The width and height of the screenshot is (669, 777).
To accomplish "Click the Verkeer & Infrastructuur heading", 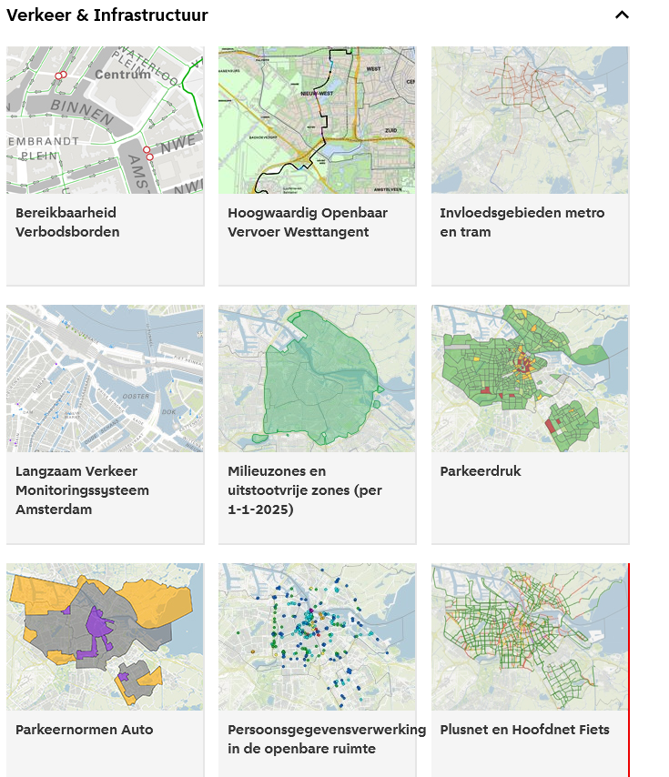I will pyautogui.click(x=107, y=15).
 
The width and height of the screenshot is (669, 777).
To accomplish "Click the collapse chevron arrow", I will pyautogui.click(x=623, y=15).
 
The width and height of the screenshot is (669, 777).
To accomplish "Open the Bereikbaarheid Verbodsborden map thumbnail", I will pyautogui.click(x=105, y=120).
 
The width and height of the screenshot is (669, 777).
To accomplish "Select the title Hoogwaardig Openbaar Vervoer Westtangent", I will pyautogui.click(x=308, y=222).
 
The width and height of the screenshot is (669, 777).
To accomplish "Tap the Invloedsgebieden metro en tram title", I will pyautogui.click(x=522, y=222).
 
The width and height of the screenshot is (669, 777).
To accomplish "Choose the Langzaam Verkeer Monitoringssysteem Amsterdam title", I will pyautogui.click(x=82, y=490).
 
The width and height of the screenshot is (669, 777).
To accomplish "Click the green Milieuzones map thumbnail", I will pyautogui.click(x=316, y=378).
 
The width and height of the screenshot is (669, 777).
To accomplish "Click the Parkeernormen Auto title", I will pyautogui.click(x=85, y=730).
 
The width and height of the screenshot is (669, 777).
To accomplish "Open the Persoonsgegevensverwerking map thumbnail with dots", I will pyautogui.click(x=316, y=637).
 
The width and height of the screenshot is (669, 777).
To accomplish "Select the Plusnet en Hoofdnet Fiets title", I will pyautogui.click(x=524, y=730).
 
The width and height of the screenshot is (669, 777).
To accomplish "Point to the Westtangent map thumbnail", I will pyautogui.click(x=316, y=120).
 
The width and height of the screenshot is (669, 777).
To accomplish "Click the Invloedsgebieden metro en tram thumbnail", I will pyautogui.click(x=530, y=120).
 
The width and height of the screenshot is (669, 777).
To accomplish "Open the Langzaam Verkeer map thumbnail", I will pyautogui.click(x=105, y=378).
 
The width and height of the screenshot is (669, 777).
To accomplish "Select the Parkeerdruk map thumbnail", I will pyautogui.click(x=530, y=378).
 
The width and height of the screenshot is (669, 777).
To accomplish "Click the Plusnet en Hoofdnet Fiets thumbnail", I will pyautogui.click(x=530, y=637).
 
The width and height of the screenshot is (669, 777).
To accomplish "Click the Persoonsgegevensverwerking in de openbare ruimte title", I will pyautogui.click(x=326, y=739).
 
